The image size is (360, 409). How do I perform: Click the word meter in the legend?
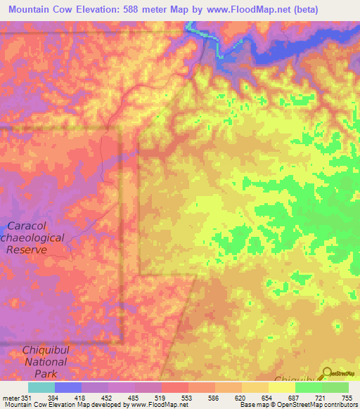point(10,397)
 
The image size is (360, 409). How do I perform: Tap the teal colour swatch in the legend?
point(41,387)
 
